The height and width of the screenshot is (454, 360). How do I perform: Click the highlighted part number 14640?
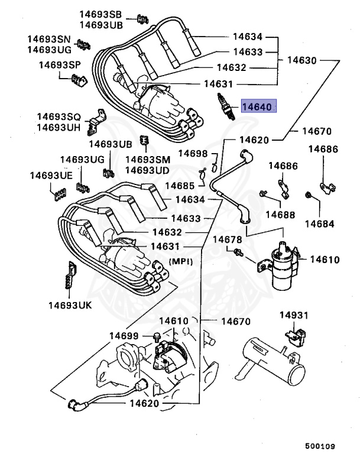pos(258,108)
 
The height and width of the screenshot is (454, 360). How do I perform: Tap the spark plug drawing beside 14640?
pos(225,106)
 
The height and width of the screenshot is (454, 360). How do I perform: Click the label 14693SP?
pos(61,64)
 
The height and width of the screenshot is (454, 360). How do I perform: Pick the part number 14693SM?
pos(147,160)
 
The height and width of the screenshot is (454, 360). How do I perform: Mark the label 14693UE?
pos(51,176)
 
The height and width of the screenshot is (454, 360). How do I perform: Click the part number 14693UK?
pos(72,305)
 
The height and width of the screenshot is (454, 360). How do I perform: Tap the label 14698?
pos(193,154)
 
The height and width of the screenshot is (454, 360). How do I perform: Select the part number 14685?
pos(180,186)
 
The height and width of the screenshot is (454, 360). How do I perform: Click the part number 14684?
pos(319,224)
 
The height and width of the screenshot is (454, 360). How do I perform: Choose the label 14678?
pos(228,239)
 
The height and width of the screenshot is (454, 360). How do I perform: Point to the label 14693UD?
pos(147,170)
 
